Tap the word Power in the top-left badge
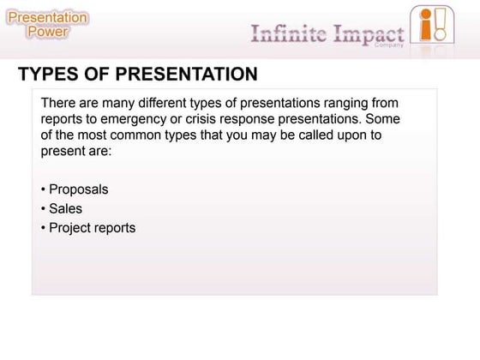tap(48, 32)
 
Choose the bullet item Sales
tap(65, 208)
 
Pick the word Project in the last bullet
tap(72, 227)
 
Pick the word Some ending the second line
tap(383, 119)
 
